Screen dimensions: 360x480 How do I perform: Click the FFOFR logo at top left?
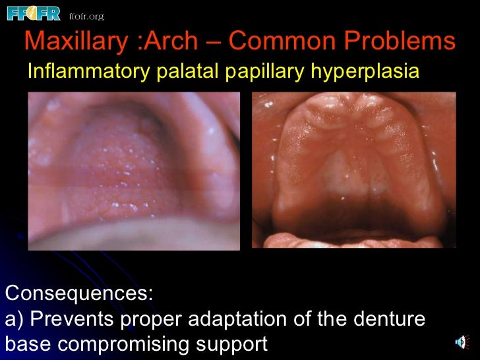pos(33,13)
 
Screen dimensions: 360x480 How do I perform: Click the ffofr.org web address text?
pos(86,15)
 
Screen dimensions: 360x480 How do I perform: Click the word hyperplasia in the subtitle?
pos(363,71)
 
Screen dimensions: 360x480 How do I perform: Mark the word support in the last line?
pos(234,344)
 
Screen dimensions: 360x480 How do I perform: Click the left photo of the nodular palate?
pos(134,171)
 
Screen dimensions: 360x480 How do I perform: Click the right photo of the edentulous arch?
pos(354,169)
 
